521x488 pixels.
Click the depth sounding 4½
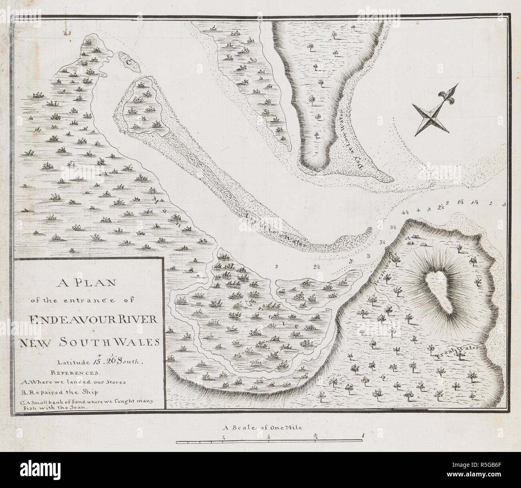404,212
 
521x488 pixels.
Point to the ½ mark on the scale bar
269,436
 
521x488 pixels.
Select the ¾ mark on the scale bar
316,436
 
